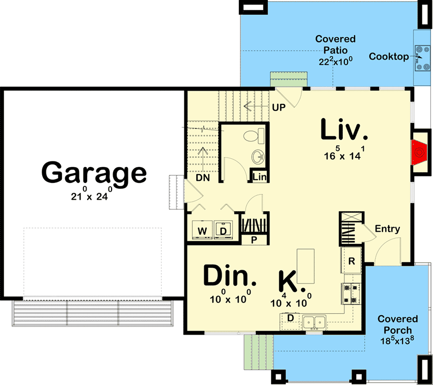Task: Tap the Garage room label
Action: click(94, 173)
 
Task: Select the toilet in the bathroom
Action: click(253, 136)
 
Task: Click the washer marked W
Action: click(202, 230)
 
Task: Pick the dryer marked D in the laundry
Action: click(223, 230)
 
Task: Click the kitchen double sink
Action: click(314, 322)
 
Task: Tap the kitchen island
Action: click(306, 266)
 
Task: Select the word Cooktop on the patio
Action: click(389, 57)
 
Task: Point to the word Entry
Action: click(387, 229)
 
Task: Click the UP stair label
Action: click(278, 107)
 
